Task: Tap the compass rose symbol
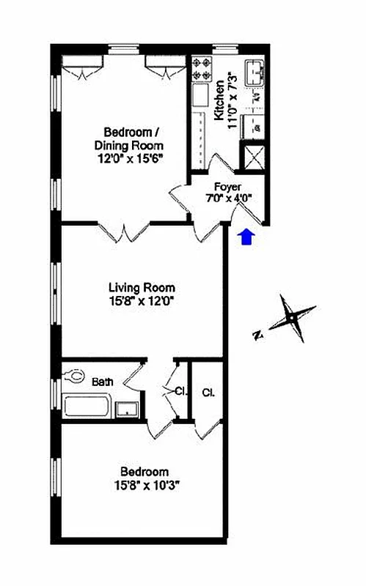coord(292,318)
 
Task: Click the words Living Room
coord(142,288)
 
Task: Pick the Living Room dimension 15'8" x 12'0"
coord(142,300)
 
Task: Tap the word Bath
coord(102,381)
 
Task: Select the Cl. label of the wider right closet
coord(208,392)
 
